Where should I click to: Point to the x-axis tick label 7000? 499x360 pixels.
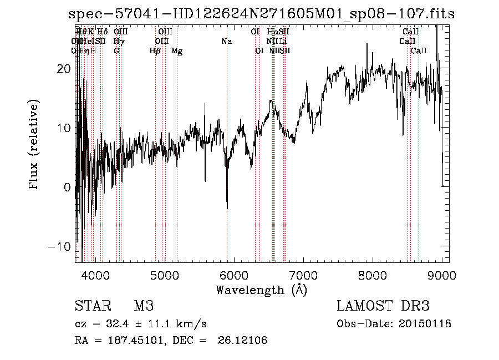pos(303,275)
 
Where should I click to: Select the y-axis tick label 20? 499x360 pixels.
pos(64,68)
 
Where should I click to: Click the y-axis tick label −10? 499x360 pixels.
pos(60,246)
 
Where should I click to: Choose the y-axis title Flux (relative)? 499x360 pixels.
pos(34,145)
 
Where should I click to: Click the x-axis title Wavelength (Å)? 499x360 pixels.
pos(261,290)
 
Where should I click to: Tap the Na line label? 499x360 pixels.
pos(226,41)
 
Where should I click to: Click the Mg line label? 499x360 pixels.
pos(177,51)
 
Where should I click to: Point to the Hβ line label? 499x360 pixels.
pos(155,51)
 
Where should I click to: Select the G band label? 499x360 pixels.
pos(116,51)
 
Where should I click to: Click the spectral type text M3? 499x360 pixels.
pos(144,306)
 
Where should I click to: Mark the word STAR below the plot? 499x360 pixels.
pos(93,306)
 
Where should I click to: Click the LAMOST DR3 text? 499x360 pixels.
pos(383,306)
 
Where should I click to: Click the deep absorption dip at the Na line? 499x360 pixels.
pos(227,206)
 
